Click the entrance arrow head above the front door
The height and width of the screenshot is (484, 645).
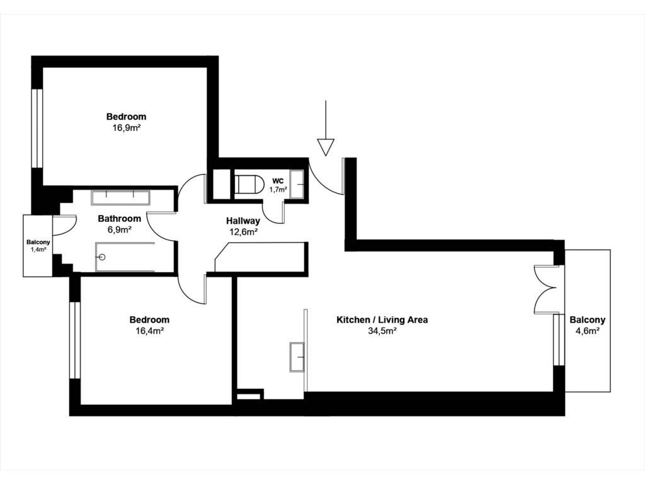point(326,147)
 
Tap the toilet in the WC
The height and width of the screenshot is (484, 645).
point(248,184)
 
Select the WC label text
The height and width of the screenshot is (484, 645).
point(278,181)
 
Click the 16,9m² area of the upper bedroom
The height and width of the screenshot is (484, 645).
point(126,127)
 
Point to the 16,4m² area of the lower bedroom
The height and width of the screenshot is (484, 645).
point(149,330)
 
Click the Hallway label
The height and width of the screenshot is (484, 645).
point(243,221)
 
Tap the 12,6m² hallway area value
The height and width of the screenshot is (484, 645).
point(243,232)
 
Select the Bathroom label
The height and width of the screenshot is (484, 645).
point(119,219)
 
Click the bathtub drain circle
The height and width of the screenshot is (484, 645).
point(103,257)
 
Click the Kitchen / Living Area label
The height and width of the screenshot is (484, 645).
point(382,320)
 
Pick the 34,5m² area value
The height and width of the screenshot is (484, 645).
point(382,330)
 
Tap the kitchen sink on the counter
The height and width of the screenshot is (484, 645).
point(297,357)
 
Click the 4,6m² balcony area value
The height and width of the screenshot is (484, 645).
point(588,330)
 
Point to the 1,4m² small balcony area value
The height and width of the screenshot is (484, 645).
point(38,250)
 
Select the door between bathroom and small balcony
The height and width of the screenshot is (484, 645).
point(64,225)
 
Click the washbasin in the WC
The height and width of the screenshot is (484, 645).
point(297,184)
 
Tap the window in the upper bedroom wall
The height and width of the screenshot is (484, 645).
point(37,129)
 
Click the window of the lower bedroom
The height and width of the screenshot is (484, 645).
point(75,340)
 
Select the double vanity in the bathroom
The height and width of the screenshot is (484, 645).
point(120,197)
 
